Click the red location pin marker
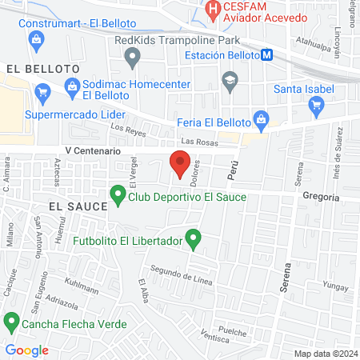click(x=180, y=164)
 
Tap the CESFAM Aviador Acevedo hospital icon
click(x=213, y=10)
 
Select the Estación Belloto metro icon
click(x=266, y=55)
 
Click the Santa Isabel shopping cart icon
click(x=316, y=103)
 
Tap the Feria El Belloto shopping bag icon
click(x=260, y=121)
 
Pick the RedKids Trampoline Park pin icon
click(x=133, y=56)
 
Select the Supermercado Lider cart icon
click(x=42, y=95)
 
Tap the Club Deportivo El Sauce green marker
click(x=118, y=194)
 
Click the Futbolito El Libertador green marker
click(x=192, y=238)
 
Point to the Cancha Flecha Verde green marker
click(x=11, y=323)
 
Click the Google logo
click(x=26, y=350)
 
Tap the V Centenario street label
click(x=93, y=150)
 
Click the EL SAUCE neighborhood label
click(x=78, y=206)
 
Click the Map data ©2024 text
click(x=325, y=354)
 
